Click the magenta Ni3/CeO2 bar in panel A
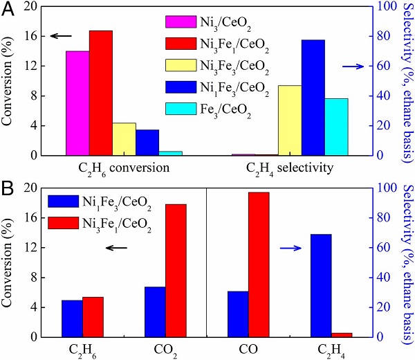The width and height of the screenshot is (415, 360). pos(78,103)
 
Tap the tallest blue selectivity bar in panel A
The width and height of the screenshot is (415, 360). pos(313,98)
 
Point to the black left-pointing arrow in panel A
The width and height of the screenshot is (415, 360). pos(60,36)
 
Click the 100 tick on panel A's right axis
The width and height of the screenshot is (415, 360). pos(389,6)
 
